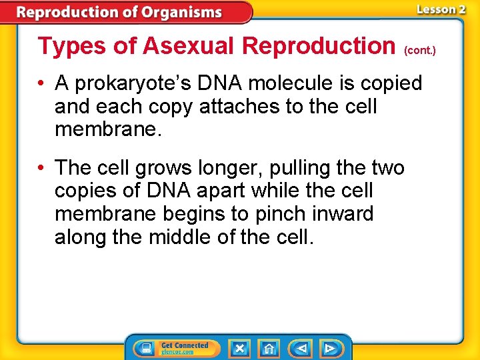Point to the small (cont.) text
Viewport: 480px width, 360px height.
(419, 50)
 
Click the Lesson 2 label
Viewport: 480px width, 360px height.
(441, 9)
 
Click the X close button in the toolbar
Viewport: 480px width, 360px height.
(239, 348)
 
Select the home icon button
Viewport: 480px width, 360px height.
(269, 348)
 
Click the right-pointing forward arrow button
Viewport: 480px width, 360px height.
(329, 348)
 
